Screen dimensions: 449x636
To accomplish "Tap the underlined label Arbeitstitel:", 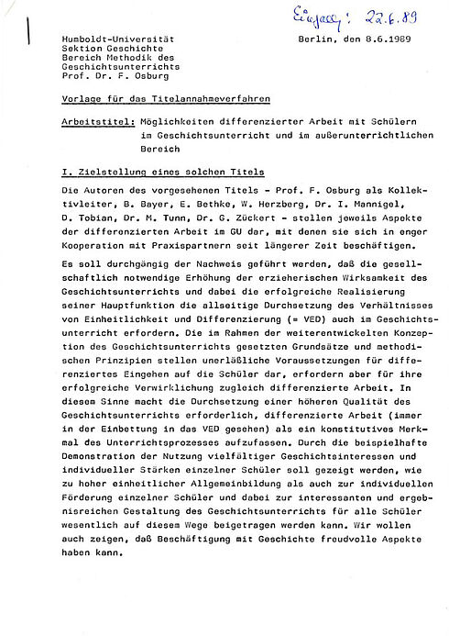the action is click(96, 121).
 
